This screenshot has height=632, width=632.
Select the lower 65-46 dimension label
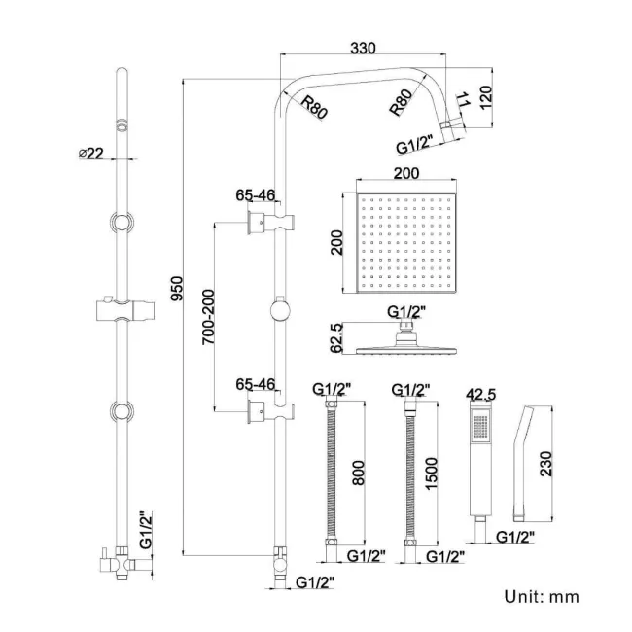pos(254,384)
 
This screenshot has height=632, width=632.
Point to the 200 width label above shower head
pos(406,174)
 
